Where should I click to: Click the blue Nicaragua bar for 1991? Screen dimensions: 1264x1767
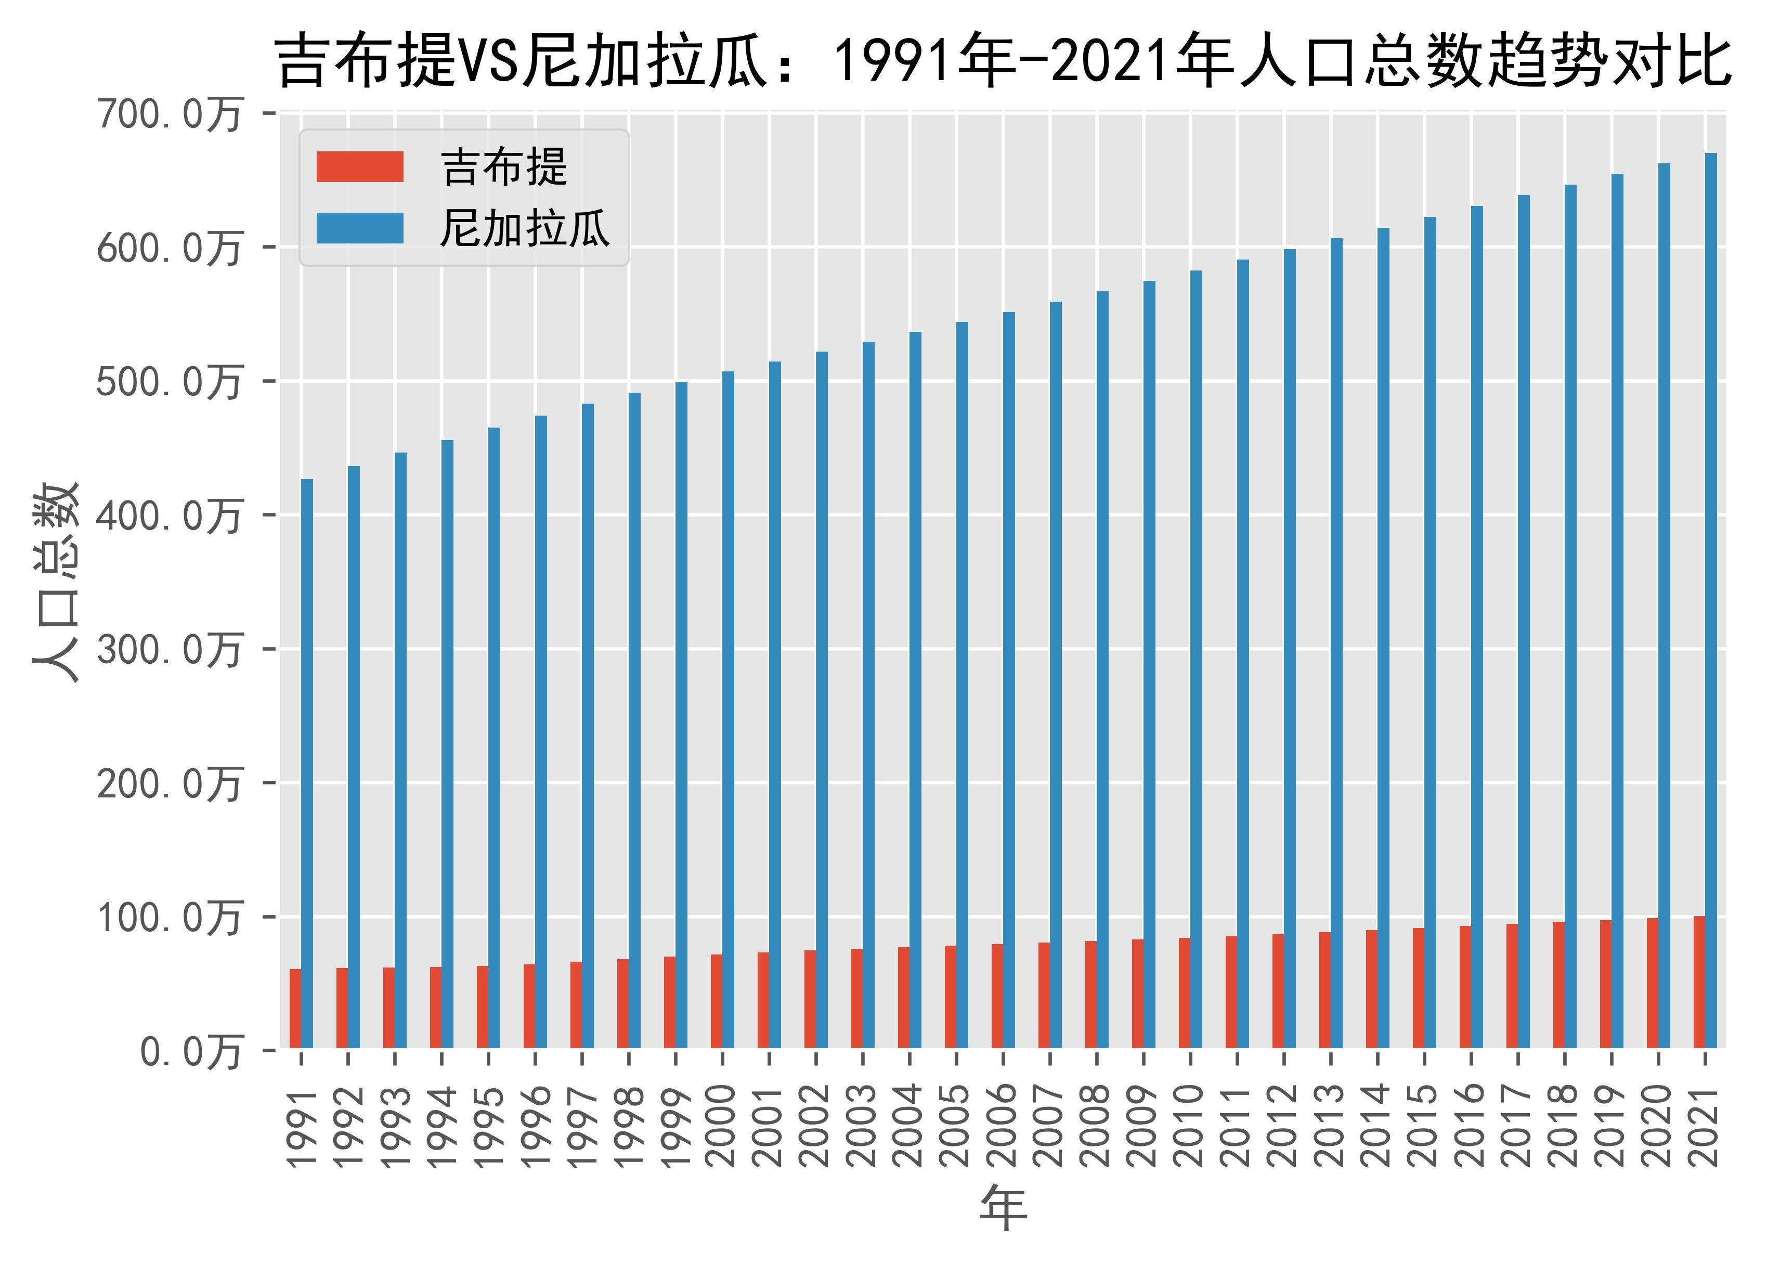307,763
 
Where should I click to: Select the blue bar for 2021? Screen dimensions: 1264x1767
1710,599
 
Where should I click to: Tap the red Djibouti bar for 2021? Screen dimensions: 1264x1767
1698,982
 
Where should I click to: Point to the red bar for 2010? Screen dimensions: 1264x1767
1184,992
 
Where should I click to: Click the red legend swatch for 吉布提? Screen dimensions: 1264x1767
359,166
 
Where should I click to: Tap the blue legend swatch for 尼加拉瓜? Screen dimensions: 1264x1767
359,228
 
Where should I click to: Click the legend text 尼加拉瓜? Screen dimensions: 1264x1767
524,228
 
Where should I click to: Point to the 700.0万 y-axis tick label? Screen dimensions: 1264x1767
168,115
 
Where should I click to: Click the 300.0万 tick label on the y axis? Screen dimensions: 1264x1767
168,650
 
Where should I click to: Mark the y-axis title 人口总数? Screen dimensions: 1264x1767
56,582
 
